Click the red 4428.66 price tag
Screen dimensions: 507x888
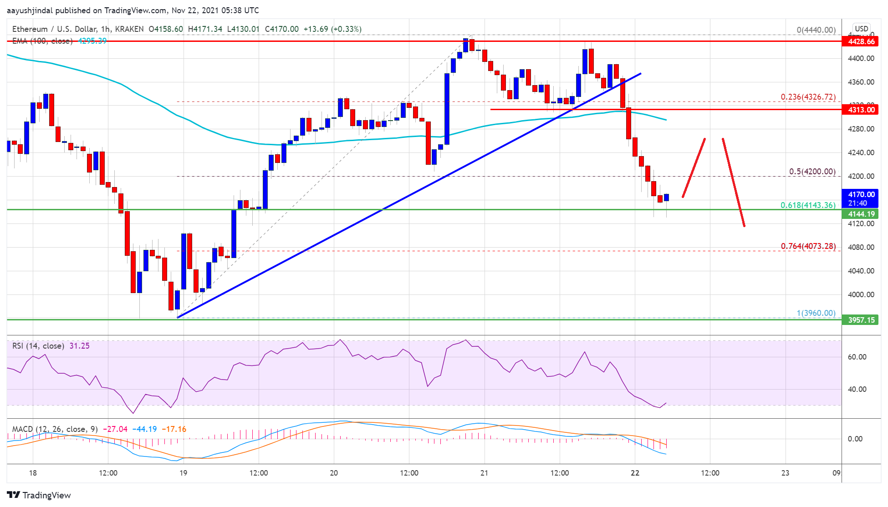click(861, 41)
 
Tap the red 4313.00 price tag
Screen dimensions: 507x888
click(861, 110)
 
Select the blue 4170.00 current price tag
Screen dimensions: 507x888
click(861, 198)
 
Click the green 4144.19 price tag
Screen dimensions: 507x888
click(861, 214)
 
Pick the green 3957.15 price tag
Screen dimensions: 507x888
click(861, 320)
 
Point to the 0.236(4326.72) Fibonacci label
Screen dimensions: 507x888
click(808, 97)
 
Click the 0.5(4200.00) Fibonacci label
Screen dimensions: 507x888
click(812, 172)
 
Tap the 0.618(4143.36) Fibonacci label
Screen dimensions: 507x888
click(808, 205)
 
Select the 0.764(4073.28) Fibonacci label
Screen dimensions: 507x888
click(808, 246)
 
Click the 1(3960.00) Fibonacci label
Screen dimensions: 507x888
click(816, 313)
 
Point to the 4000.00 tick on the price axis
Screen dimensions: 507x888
click(861, 294)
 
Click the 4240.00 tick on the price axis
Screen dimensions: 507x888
click(861, 152)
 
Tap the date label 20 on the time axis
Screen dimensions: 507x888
click(334, 473)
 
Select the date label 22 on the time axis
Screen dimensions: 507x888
click(635, 473)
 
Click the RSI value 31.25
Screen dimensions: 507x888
click(79, 346)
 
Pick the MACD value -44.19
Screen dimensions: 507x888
click(144, 429)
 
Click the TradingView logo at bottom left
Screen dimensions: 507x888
click(39, 495)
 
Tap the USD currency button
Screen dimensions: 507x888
click(861, 29)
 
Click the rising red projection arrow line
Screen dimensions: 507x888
click(694, 168)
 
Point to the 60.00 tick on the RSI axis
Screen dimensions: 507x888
click(857, 357)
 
